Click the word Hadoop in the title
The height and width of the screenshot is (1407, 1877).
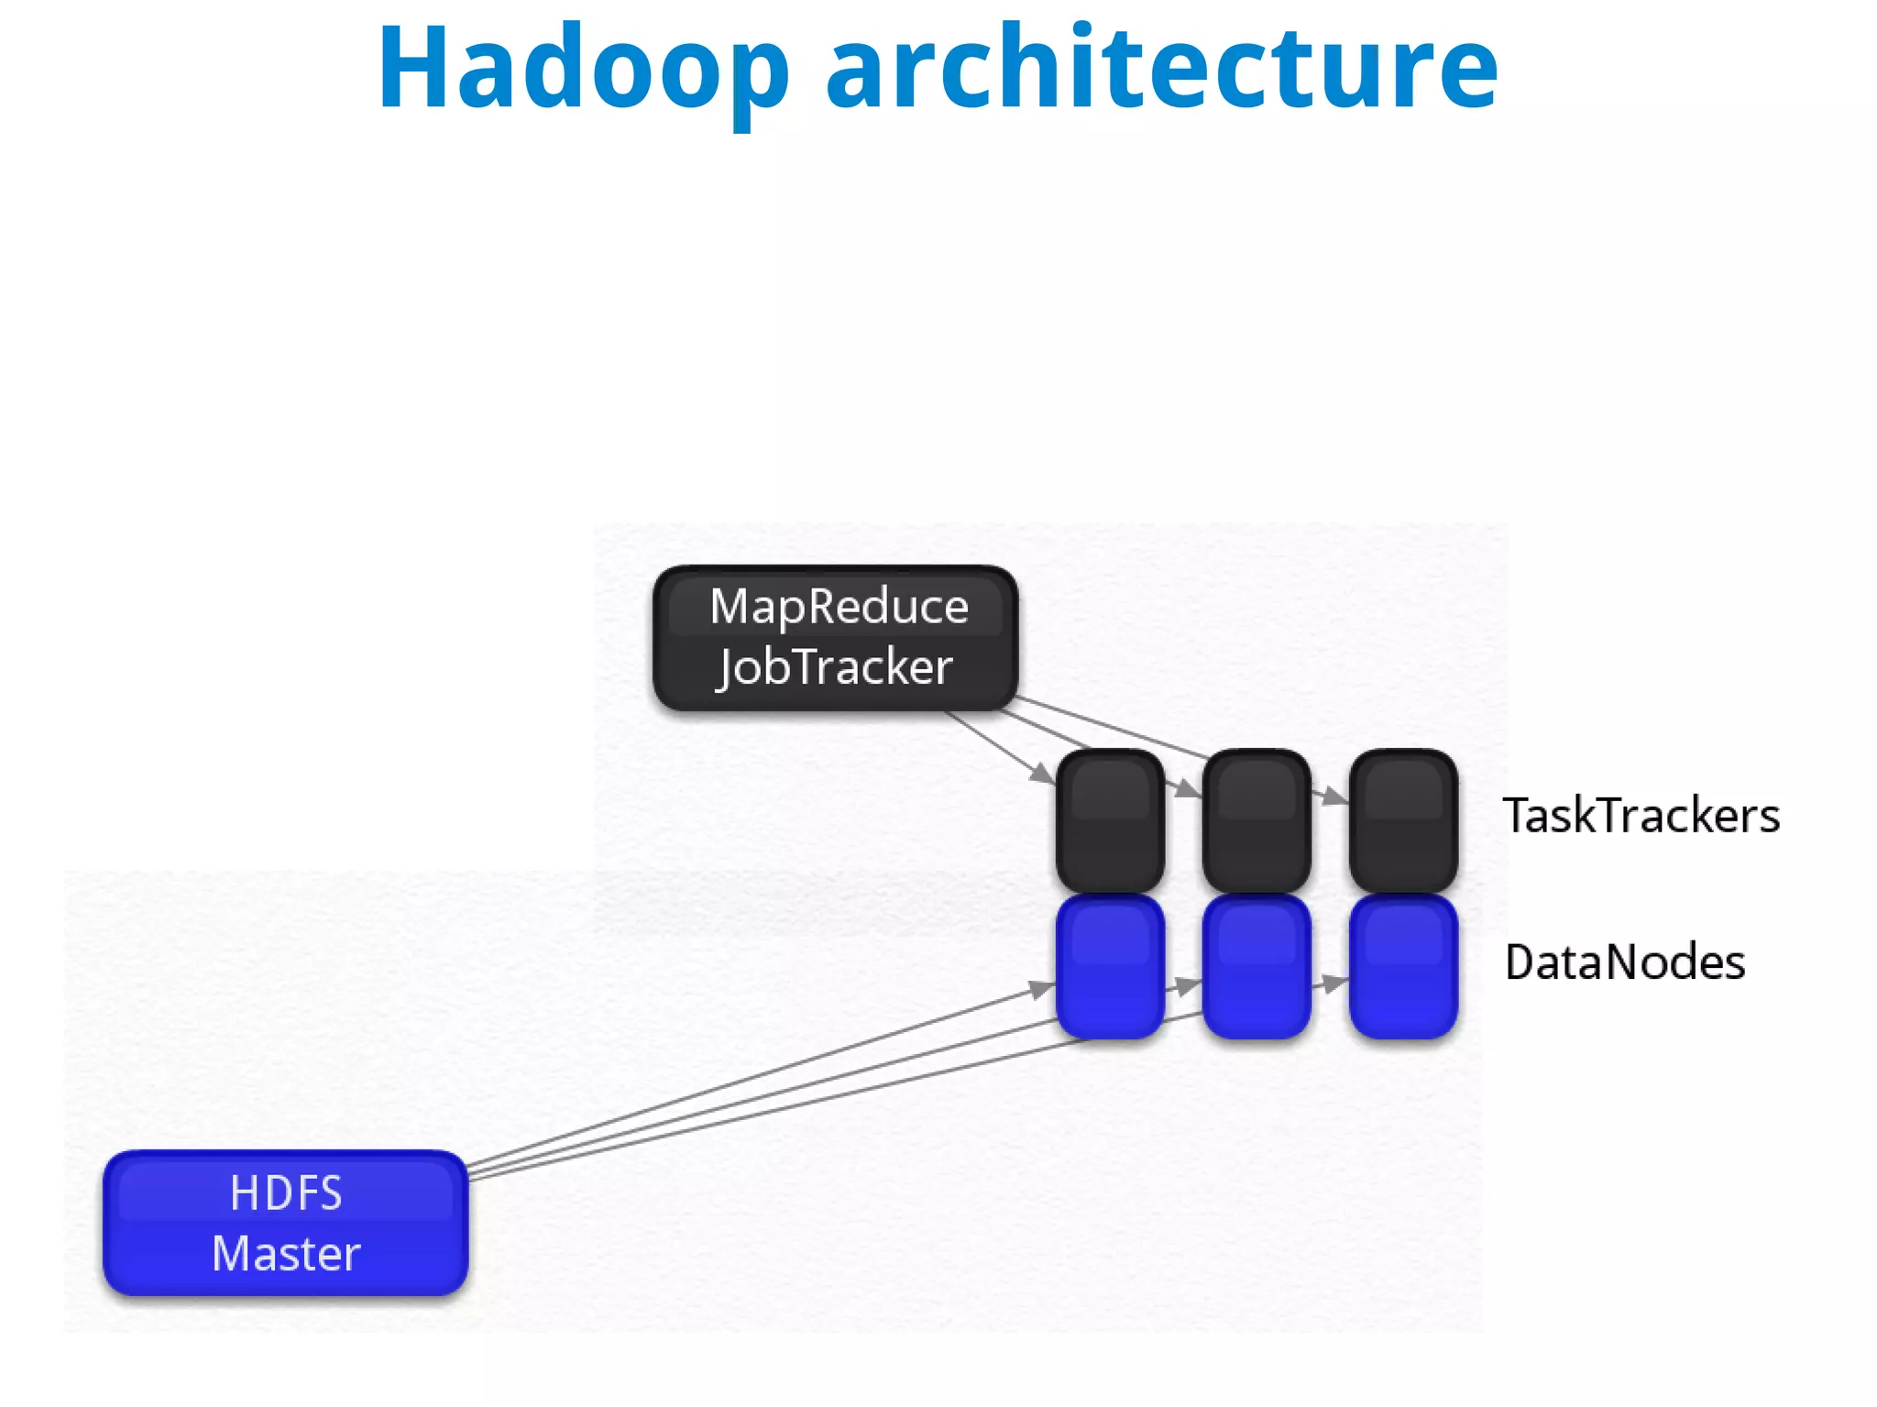pos(583,70)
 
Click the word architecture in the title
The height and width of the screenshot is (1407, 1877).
pos(1161,70)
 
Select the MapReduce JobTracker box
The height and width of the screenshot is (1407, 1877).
pos(835,638)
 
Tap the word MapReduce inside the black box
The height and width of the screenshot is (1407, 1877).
pos(839,607)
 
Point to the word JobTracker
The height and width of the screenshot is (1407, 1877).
pos(835,666)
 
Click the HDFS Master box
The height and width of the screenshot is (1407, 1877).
pos(286,1223)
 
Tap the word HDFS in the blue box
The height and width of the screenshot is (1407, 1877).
pos(286,1193)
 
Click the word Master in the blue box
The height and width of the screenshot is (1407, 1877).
pos(286,1253)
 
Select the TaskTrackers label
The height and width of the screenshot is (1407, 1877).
pos(1641,815)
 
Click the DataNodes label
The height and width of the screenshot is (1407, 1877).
pos(1624,962)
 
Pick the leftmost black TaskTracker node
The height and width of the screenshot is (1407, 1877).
pos(1110,820)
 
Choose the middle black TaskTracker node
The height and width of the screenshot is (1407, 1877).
pos(1257,820)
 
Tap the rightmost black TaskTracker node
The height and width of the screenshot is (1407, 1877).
pos(1403,820)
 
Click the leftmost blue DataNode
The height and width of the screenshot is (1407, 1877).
pos(1110,967)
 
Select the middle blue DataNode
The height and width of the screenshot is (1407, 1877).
pos(1257,967)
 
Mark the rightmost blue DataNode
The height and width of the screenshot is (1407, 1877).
pos(1403,967)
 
